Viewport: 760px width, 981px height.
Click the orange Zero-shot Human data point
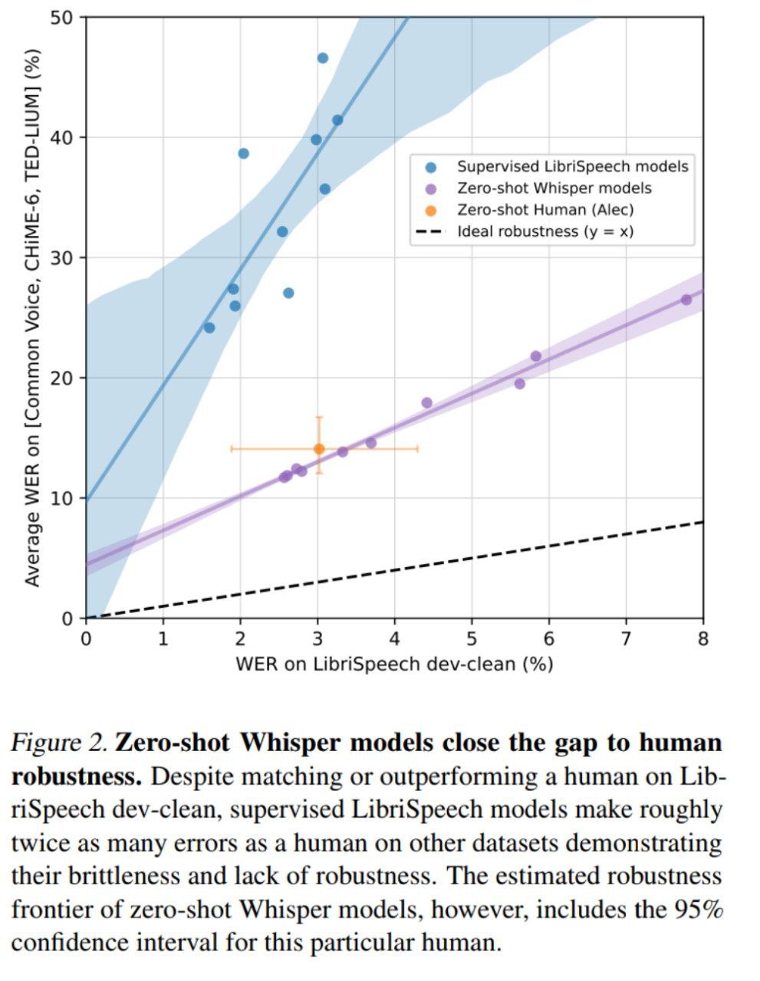(319, 449)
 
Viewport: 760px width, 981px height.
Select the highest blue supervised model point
(323, 58)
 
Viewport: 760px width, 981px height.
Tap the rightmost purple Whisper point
(686, 300)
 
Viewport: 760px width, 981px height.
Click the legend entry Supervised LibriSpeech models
(572, 166)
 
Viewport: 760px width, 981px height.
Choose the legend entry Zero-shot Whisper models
(554, 188)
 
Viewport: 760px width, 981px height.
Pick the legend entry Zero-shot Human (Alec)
(545, 209)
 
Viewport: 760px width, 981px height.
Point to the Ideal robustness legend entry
(545, 231)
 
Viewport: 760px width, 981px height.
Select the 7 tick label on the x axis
(626, 638)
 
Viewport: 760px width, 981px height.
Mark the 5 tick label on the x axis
(472, 638)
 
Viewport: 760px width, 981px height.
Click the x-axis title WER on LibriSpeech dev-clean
(394, 664)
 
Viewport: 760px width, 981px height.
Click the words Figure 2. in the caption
(59, 743)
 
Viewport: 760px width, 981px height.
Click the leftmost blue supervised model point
(209, 328)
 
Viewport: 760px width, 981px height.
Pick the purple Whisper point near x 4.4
(427, 403)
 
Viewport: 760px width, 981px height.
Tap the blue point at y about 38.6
(244, 153)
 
